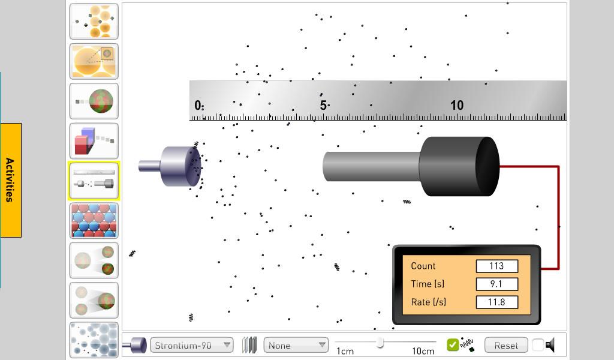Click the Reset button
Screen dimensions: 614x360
pos(506,345)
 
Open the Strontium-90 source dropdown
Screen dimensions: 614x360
pos(191,345)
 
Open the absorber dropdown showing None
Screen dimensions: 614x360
pos(296,345)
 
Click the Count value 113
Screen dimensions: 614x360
pos(496,266)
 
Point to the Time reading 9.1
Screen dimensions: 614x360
pos(496,284)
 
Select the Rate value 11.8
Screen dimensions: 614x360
pos(496,302)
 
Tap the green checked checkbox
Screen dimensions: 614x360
pos(453,345)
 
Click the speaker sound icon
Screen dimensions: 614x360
pos(550,345)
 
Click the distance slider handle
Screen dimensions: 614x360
pos(380,343)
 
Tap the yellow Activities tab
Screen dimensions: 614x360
pos(11,180)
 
